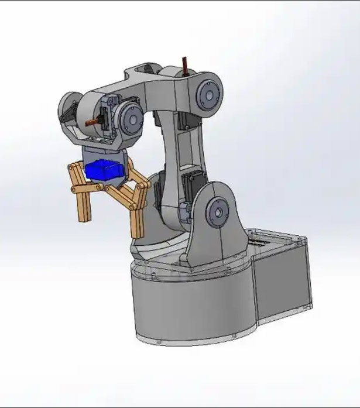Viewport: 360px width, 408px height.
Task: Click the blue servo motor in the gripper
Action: coord(104,170)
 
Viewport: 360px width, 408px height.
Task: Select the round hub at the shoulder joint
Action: coord(218,211)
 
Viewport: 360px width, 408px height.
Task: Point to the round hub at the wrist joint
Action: coord(130,119)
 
